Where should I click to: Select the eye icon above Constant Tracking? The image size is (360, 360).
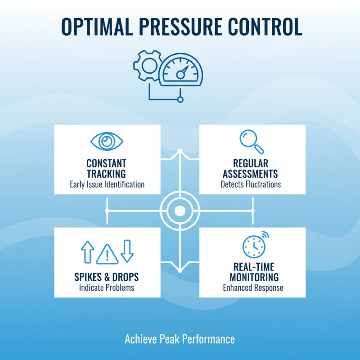pyautogui.click(x=107, y=142)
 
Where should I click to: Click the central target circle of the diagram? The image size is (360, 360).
pyautogui.click(x=180, y=211)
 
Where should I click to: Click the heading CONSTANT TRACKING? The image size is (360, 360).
pyautogui.click(x=107, y=168)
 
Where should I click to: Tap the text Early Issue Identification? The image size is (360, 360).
pyautogui.click(x=107, y=184)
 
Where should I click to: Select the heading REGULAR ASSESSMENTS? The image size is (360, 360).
pyautogui.click(x=252, y=168)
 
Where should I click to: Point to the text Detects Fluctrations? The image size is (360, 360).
pyautogui.click(x=252, y=184)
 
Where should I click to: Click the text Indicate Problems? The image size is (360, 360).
pyautogui.click(x=107, y=287)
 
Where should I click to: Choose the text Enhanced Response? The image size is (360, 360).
pyautogui.click(x=253, y=288)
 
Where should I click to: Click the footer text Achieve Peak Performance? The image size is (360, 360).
pyautogui.click(x=180, y=339)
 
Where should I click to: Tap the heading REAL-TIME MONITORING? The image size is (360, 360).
pyautogui.click(x=253, y=271)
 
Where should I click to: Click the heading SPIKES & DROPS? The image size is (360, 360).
pyautogui.click(x=107, y=276)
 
